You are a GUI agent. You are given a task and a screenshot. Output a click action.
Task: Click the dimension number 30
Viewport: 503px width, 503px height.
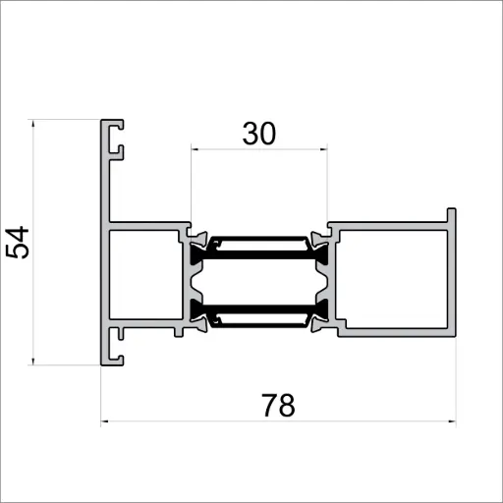pyautogui.click(x=258, y=134)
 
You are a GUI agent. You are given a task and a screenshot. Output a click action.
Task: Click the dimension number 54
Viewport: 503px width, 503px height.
pyautogui.click(x=19, y=243)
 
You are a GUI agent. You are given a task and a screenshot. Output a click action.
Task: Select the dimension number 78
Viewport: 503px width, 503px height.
pyautogui.click(x=279, y=405)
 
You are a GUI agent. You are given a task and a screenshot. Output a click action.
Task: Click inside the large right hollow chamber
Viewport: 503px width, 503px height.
pyautogui.click(x=394, y=279)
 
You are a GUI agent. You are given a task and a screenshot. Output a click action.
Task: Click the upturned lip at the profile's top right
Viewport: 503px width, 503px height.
pyautogui.click(x=451, y=217)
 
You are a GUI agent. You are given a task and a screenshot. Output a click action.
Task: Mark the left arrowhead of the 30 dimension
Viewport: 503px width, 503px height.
pyautogui.click(x=195, y=150)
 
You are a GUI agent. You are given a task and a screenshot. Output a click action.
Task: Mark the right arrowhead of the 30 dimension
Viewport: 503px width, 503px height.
pyautogui.click(x=323, y=150)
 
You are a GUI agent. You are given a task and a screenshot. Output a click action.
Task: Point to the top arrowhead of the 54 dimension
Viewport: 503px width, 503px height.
pyautogui.click(x=34, y=125)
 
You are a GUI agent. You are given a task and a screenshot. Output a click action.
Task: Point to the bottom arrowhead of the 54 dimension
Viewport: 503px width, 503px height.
pyautogui.click(x=34, y=361)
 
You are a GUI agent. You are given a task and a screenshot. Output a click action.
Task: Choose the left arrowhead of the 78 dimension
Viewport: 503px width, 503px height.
pyautogui.click(x=105, y=424)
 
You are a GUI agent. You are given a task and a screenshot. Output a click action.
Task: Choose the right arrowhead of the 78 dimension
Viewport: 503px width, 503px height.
pyautogui.click(x=453, y=424)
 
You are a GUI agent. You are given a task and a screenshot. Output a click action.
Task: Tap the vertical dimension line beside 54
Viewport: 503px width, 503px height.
pyautogui.click(x=34, y=295)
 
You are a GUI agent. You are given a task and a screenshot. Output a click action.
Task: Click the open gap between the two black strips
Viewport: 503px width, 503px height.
pyautogui.click(x=258, y=281)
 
